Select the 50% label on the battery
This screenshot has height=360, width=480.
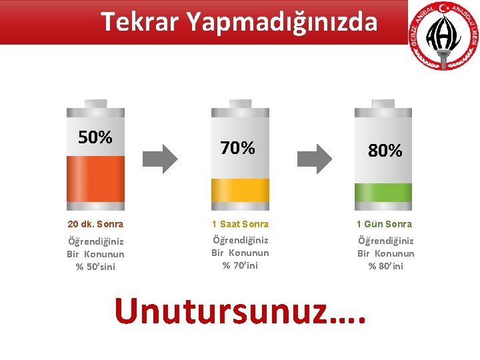click(x=95, y=137)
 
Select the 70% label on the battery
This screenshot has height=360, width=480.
click(x=237, y=148)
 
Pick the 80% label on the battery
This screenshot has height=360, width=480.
click(x=385, y=151)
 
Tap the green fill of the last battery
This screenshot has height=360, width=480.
click(x=383, y=192)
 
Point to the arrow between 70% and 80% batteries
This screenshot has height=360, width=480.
click(x=314, y=159)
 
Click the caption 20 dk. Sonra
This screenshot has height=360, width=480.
click(x=95, y=224)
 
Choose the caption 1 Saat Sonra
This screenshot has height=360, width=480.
click(x=240, y=224)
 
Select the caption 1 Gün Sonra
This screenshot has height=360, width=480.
click(x=384, y=224)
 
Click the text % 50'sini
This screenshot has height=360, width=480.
click(x=95, y=267)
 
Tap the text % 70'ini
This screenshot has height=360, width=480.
click(x=240, y=265)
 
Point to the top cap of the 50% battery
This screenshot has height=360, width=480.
click(x=95, y=103)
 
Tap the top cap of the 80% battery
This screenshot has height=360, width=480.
click(x=383, y=103)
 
